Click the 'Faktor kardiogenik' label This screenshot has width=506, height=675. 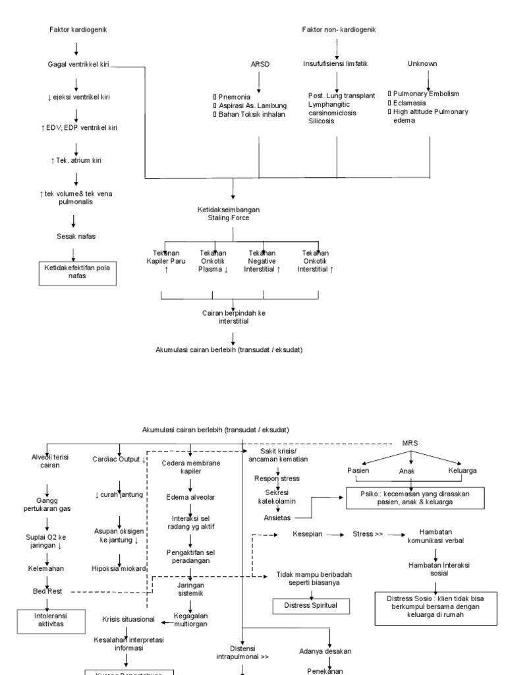click(x=78, y=30)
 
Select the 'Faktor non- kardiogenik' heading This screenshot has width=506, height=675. click(x=339, y=30)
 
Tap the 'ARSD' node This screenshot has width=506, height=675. click(x=259, y=64)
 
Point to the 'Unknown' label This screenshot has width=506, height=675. click(x=422, y=64)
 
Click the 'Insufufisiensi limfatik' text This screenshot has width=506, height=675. click(x=335, y=64)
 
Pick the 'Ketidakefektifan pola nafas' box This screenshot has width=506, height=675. click(x=78, y=272)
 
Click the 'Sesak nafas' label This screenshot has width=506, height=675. click(x=77, y=236)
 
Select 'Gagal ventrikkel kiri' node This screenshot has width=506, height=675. click(x=78, y=64)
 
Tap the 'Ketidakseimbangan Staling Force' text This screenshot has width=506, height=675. click(x=234, y=213)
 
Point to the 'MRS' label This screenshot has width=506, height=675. click(x=410, y=443)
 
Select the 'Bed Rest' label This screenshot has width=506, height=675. click(x=47, y=591)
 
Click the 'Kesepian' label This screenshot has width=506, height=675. click(x=307, y=535)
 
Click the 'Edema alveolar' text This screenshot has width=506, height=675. click(x=190, y=496)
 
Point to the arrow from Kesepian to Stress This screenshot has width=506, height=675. click(x=337, y=535)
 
